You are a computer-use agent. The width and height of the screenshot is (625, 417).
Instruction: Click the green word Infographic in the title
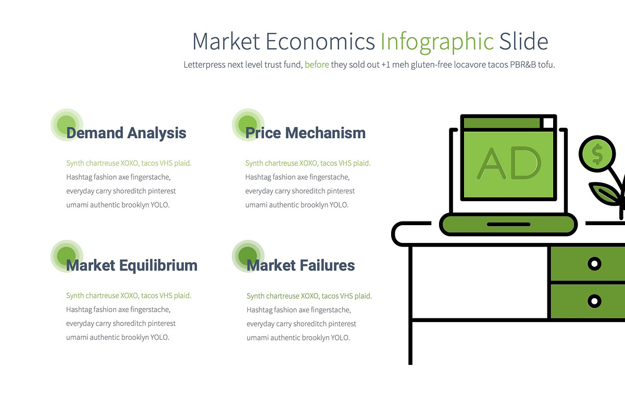(x=437, y=42)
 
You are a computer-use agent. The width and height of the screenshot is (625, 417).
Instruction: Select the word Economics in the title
(x=320, y=42)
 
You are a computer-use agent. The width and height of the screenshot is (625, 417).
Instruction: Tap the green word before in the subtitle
(x=317, y=65)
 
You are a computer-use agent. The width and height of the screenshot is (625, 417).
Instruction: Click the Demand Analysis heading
(x=126, y=133)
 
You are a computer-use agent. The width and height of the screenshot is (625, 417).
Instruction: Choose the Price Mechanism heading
(x=305, y=133)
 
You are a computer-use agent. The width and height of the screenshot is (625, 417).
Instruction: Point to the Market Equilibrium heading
(x=132, y=265)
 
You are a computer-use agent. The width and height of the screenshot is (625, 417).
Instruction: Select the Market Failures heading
(x=301, y=265)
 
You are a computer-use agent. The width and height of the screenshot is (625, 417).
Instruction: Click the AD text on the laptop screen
(x=508, y=164)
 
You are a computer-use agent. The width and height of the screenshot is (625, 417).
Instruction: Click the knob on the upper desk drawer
(x=594, y=264)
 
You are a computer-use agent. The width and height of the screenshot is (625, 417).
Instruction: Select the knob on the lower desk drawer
(x=594, y=301)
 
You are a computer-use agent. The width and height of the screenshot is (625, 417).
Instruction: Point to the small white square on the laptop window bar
(x=547, y=123)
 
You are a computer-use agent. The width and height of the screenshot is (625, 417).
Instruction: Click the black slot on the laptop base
(x=508, y=224)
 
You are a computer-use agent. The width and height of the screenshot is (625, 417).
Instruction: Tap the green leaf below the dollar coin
(x=605, y=194)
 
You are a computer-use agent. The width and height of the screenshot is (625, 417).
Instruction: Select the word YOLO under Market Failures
(x=340, y=338)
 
